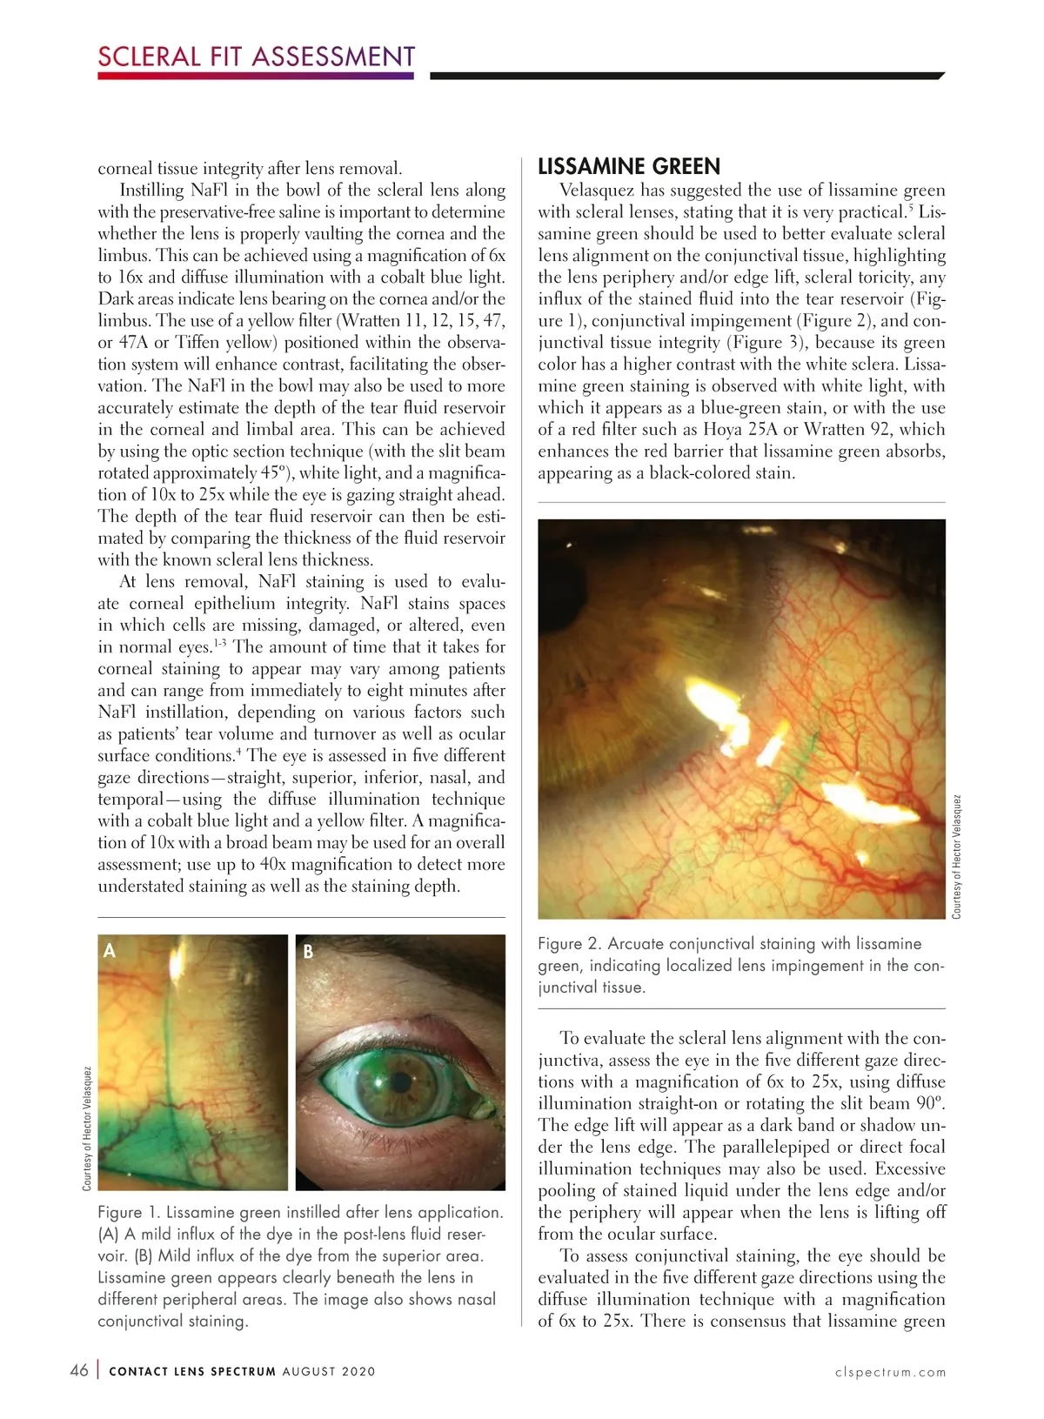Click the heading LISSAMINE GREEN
pyautogui.click(x=629, y=166)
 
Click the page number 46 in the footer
pyautogui.click(x=78, y=1370)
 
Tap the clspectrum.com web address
pyautogui.click(x=890, y=1372)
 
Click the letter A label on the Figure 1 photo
pyautogui.click(x=110, y=950)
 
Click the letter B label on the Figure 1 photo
pyautogui.click(x=308, y=952)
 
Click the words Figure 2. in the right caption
pyautogui.click(x=569, y=944)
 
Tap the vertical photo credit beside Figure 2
pyautogui.click(x=956, y=856)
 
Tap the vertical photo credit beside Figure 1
pyautogui.click(x=87, y=1128)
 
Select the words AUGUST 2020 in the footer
pyautogui.click(x=329, y=1371)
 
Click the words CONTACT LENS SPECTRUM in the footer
pyautogui.click(x=192, y=1371)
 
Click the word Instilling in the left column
pyautogui.click(x=151, y=191)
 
